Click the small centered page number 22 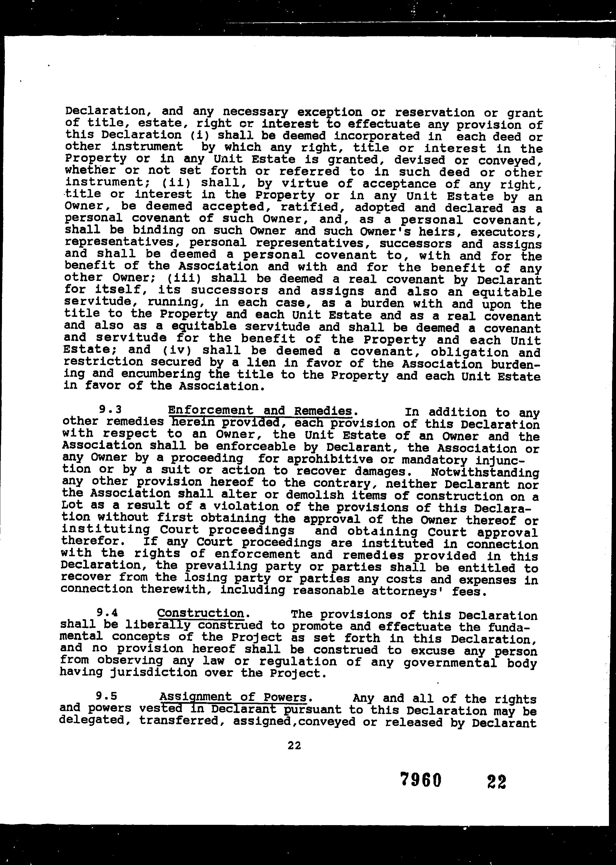[294, 746]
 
